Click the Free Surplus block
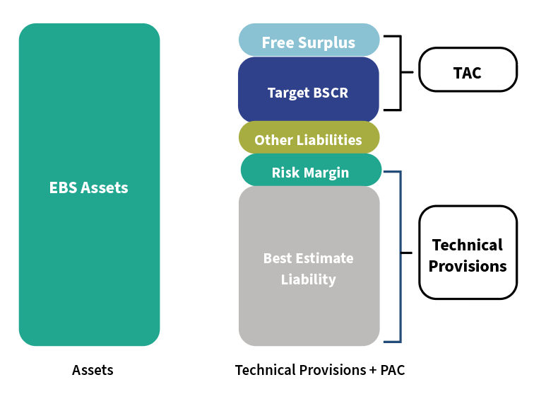(x=309, y=41)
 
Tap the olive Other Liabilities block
(x=309, y=139)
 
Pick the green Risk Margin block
(x=311, y=171)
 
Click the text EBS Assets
(x=89, y=187)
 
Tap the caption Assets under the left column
(x=93, y=370)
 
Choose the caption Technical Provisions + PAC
(x=319, y=370)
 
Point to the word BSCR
(x=330, y=93)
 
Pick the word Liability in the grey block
(x=309, y=279)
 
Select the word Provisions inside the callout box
(x=468, y=266)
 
